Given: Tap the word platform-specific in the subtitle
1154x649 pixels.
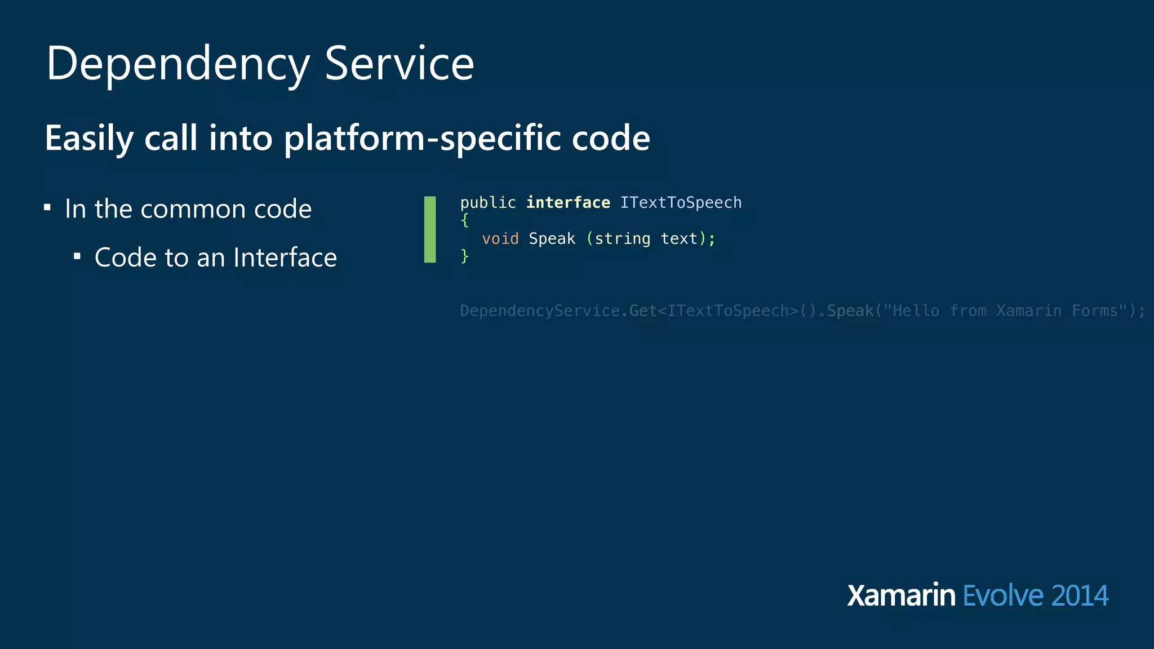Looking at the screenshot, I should point(423,138).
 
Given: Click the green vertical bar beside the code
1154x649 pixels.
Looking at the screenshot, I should point(430,229).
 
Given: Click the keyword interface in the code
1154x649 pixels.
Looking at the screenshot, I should point(568,203).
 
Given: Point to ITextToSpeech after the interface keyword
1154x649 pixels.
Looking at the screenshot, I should point(681,203).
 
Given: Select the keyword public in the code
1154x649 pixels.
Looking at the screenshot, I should point(488,203).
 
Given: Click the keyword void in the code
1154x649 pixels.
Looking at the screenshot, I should point(500,239).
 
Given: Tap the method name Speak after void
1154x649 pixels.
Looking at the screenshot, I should point(552,239).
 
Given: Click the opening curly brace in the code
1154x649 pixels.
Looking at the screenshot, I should point(465,220).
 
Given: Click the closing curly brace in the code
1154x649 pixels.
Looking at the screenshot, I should point(465,256).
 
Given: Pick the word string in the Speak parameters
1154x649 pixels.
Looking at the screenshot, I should point(622,239).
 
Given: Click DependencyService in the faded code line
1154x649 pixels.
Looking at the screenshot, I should point(539,311).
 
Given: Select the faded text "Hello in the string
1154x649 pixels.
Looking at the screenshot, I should point(911,311).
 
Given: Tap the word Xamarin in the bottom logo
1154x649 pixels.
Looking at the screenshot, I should point(901,595).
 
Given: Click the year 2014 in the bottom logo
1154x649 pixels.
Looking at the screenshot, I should point(1080,595).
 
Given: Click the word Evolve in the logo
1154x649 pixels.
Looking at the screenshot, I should point(1003,595).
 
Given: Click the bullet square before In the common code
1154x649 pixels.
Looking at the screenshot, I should point(47,208).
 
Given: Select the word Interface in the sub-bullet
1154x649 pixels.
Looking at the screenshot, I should point(285,257).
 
